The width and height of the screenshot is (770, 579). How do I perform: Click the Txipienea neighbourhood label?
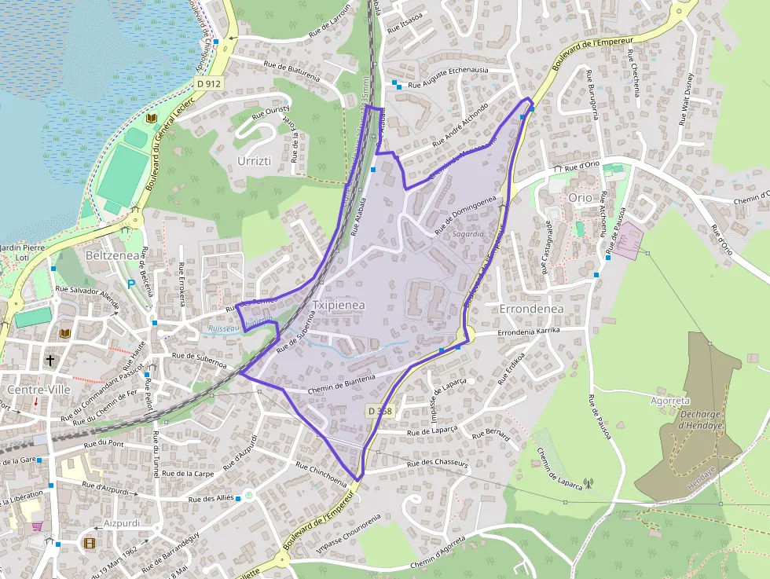coord(339,305)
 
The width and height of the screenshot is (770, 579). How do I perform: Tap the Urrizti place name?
coord(254,160)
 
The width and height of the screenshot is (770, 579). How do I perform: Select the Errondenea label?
coord(531,309)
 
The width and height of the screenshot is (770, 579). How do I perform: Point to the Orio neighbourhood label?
coord(580,198)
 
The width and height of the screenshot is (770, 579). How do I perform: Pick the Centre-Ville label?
coord(38,390)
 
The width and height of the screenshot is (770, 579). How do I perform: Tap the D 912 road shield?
coord(210,82)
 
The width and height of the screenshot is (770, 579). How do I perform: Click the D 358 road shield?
coord(379,411)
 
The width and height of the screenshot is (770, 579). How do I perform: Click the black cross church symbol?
coord(51,361)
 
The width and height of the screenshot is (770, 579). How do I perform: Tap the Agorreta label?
coord(669,400)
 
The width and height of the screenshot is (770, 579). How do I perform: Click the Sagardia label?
coord(469,234)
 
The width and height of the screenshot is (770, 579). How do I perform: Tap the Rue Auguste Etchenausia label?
coord(450,70)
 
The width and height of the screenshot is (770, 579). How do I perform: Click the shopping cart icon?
coord(37,527)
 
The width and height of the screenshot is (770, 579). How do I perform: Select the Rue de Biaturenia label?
coord(291,71)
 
